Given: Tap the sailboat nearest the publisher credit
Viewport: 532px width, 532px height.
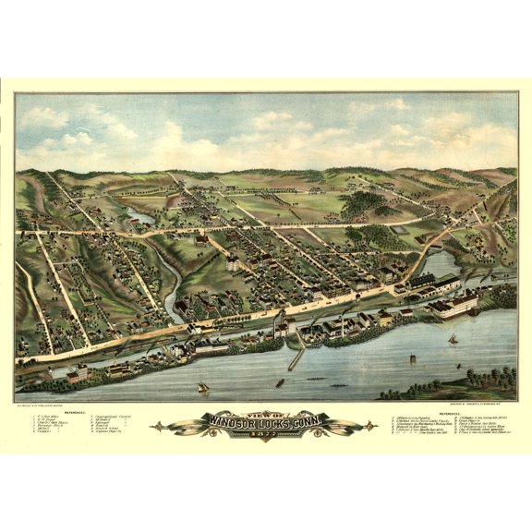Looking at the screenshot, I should [202, 388].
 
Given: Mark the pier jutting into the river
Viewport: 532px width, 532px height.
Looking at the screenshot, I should [296, 357].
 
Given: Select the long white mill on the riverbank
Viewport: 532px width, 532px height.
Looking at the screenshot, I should [453, 306].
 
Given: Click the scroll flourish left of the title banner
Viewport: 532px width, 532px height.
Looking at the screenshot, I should [180, 427].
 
